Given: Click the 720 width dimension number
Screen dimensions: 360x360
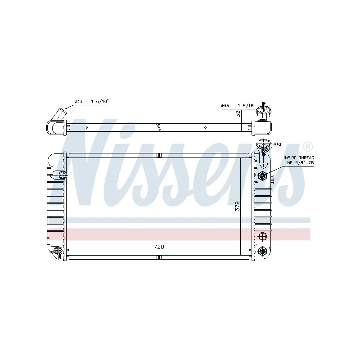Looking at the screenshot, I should [159, 247].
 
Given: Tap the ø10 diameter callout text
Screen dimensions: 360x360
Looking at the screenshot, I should [277, 144].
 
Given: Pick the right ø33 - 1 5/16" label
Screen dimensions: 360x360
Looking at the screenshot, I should [238, 105].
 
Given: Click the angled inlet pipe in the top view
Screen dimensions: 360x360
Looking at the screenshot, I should [58, 115].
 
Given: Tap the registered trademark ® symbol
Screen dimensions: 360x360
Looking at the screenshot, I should [307, 146].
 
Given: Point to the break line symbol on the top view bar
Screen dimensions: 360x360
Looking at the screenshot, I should [159, 127].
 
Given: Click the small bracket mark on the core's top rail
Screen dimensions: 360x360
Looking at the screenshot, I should [159, 155].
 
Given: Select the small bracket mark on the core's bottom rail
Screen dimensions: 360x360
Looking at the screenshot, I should [159, 258].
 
